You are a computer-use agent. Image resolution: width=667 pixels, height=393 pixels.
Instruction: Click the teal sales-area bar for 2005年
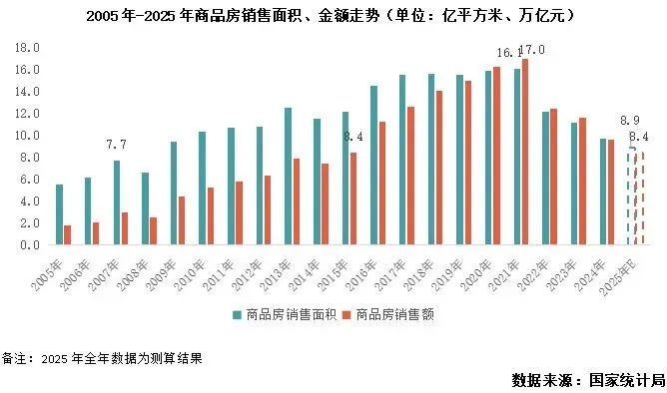pos(60,214)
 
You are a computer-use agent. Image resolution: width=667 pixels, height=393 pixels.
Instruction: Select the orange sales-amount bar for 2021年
pos(525,152)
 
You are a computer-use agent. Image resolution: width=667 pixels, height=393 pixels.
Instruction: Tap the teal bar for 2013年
pos(288,176)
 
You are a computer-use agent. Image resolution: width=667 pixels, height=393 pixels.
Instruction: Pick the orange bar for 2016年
pos(382,184)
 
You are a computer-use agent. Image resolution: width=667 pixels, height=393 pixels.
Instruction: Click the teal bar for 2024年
pos(603,192)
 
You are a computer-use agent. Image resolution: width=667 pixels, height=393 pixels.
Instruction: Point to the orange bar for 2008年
pos(153,231)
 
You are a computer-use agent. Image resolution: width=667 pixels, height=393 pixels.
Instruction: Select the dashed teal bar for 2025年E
pos(631,196)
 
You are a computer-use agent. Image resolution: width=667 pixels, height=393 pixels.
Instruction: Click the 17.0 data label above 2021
pos(532,50)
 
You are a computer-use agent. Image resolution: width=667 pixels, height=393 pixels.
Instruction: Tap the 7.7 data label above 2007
pos(116,145)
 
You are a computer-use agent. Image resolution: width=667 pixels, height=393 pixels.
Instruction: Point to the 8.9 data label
pos(630,121)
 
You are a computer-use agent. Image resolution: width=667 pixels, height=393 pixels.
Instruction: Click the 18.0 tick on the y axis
pos(27,48)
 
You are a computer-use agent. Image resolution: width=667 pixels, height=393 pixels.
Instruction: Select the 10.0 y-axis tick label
pos(27,136)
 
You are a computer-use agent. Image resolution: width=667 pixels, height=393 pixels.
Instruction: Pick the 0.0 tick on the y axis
pos(30,245)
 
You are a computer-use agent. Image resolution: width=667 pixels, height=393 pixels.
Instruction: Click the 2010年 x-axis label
pos(191,275)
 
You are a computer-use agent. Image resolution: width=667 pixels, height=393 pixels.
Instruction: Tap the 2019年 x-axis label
pos(447,275)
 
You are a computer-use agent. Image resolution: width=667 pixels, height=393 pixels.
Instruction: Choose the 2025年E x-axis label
pos(618,277)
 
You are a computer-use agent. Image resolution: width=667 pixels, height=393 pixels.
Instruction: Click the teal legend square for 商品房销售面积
pos(237,315)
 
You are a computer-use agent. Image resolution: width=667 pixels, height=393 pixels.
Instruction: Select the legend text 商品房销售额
pos(394,315)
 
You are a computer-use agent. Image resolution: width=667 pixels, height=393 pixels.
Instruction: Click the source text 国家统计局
pos(627,380)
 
